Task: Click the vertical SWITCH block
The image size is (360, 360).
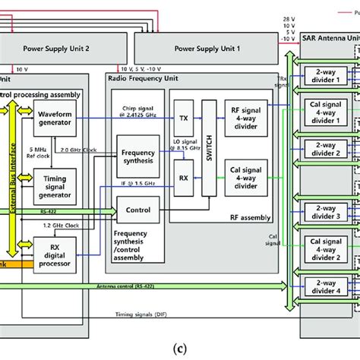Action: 208,149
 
